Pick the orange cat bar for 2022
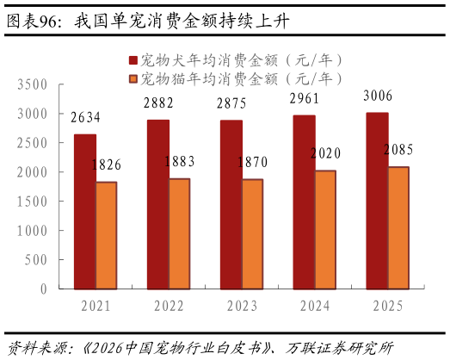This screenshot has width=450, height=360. [x=179, y=233]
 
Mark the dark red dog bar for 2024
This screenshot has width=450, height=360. [x=304, y=202]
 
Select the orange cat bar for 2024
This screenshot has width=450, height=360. [x=325, y=230]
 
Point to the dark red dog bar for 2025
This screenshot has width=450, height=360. [x=377, y=201]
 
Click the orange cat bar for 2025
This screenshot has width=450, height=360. [x=398, y=228]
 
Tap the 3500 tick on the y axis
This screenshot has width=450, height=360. [x=32, y=84]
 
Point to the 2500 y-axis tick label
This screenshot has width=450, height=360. [x=32, y=143]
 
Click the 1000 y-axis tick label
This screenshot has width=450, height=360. [x=32, y=231]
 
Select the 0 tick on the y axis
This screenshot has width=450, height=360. [x=42, y=289]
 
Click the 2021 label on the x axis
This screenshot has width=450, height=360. [x=96, y=306]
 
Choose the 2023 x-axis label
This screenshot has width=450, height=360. [x=242, y=306]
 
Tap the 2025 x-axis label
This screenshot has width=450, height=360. [x=388, y=306]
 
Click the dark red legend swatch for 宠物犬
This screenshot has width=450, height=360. [x=133, y=60]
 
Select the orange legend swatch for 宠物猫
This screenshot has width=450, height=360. [x=133, y=79]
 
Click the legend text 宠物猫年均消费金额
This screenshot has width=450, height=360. [x=207, y=79]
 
